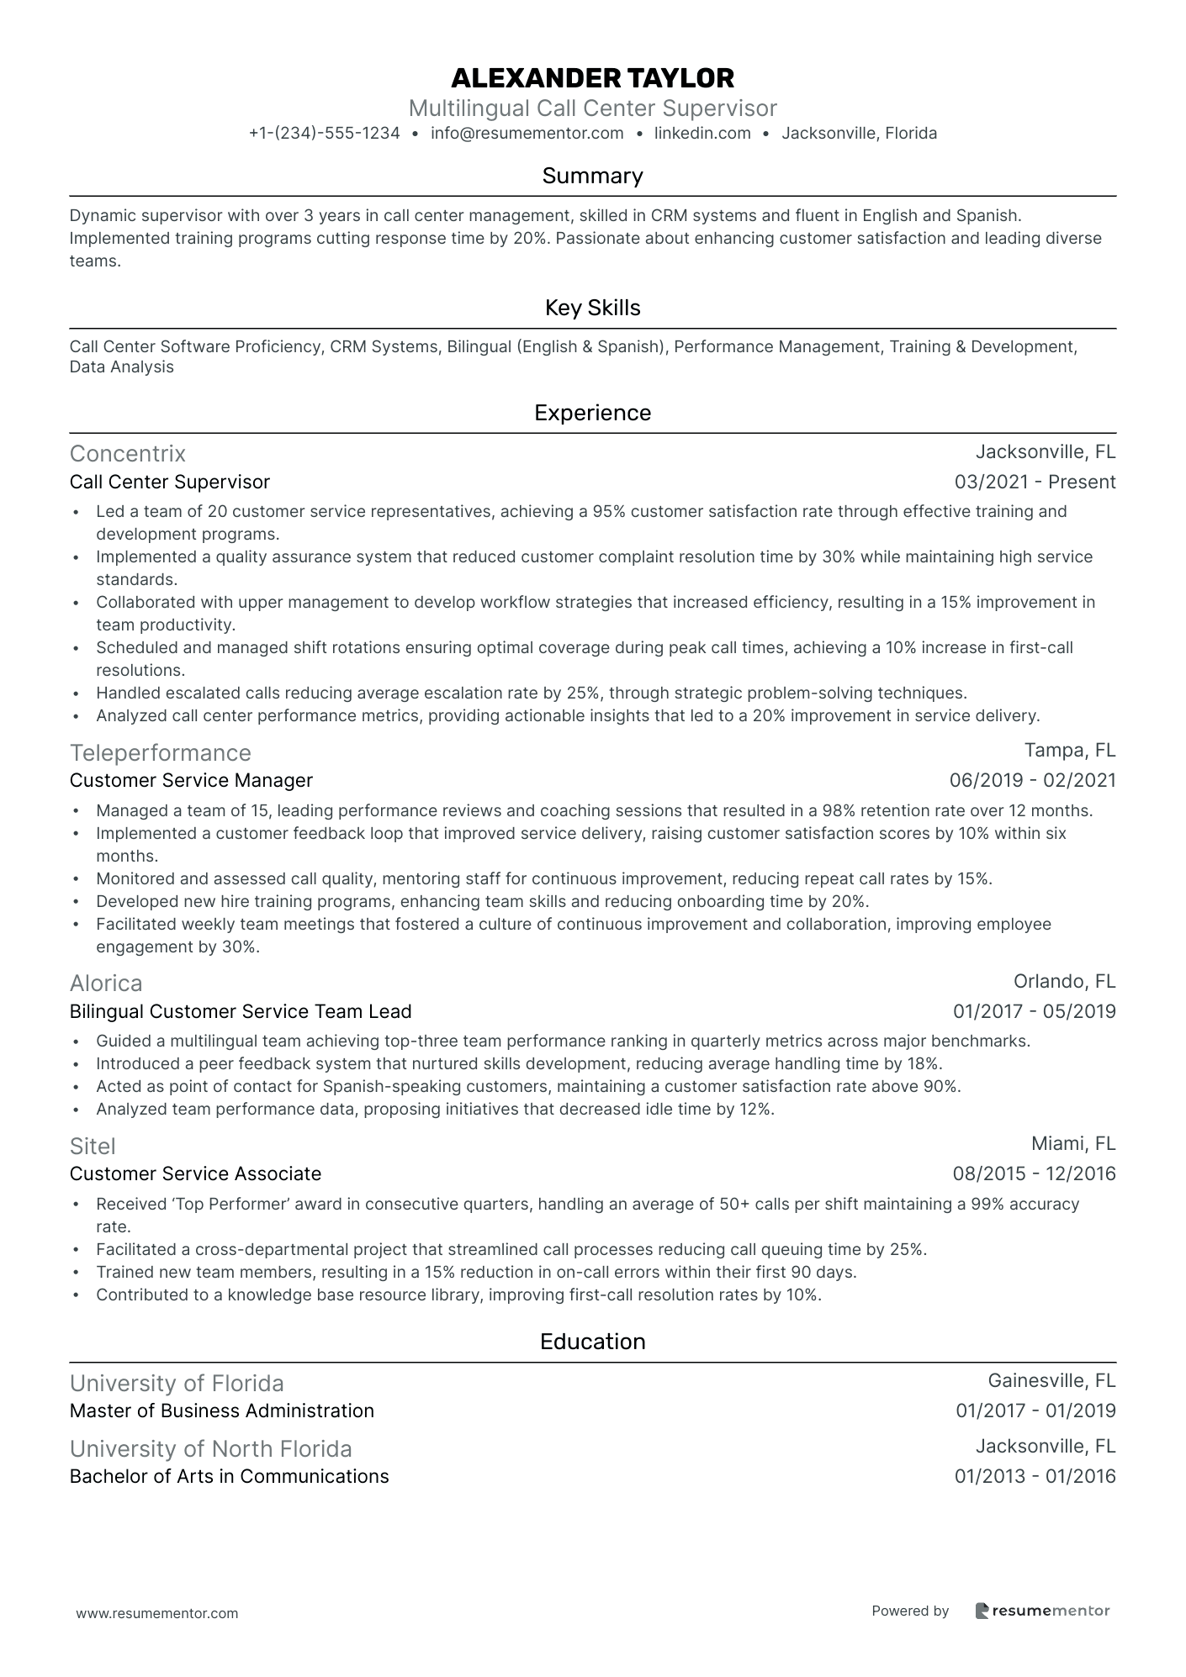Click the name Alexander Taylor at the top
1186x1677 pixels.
tap(592, 78)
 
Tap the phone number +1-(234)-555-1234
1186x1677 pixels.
tap(324, 133)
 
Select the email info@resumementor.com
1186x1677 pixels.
tap(527, 133)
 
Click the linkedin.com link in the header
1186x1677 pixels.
tap(702, 133)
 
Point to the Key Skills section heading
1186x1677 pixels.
tap(592, 308)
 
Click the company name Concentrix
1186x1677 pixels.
tap(128, 454)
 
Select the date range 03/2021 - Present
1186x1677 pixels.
tap(1035, 482)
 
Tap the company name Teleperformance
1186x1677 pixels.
tap(161, 752)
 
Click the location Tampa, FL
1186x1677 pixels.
tap(1070, 750)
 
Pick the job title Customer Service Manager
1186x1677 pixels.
tap(191, 780)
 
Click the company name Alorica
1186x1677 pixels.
tap(106, 983)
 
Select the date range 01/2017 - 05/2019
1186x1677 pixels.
tap(1034, 1011)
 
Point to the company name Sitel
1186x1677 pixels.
tap(93, 1146)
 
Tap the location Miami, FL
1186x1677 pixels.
tap(1073, 1143)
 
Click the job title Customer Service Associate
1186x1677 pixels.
tap(195, 1173)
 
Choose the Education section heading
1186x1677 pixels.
tap(592, 1342)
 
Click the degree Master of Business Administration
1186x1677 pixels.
tap(222, 1411)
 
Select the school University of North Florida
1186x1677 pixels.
tap(211, 1448)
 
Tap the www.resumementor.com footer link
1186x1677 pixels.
tap(157, 1613)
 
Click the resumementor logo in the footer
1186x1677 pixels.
tap(1042, 1611)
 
